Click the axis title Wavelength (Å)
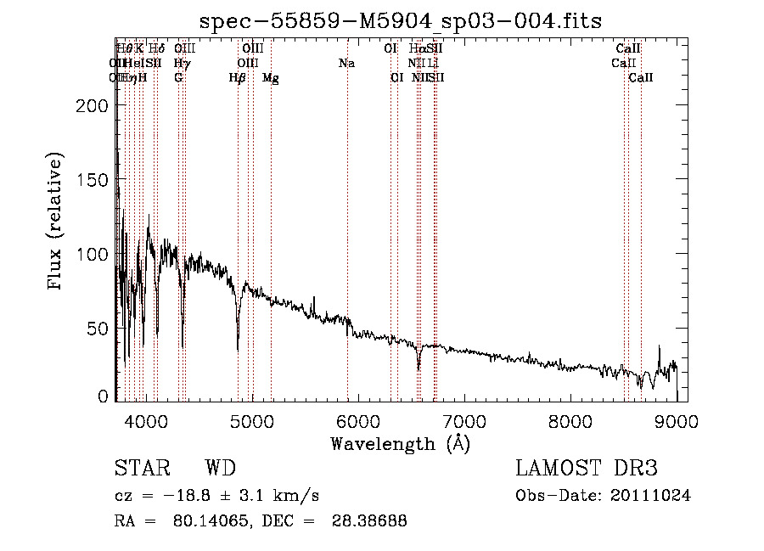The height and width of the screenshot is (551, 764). pyautogui.click(x=400, y=443)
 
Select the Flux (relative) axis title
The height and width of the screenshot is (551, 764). pyautogui.click(x=57, y=222)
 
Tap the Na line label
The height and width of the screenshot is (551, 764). pyautogui.click(x=346, y=64)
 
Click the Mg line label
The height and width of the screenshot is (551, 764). pyautogui.click(x=271, y=78)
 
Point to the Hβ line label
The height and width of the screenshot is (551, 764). pyautogui.click(x=238, y=78)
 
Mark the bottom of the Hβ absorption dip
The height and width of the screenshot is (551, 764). pyautogui.click(x=238, y=349)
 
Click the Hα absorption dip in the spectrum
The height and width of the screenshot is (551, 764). pyautogui.click(x=419, y=369)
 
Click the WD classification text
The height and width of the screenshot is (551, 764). pyautogui.click(x=220, y=469)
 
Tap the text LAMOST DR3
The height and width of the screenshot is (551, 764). pyautogui.click(x=587, y=469)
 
